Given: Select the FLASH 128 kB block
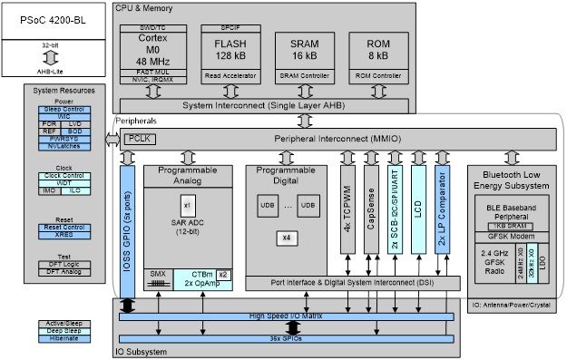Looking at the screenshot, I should [230, 50].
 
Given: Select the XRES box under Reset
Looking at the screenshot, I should [64, 235].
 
